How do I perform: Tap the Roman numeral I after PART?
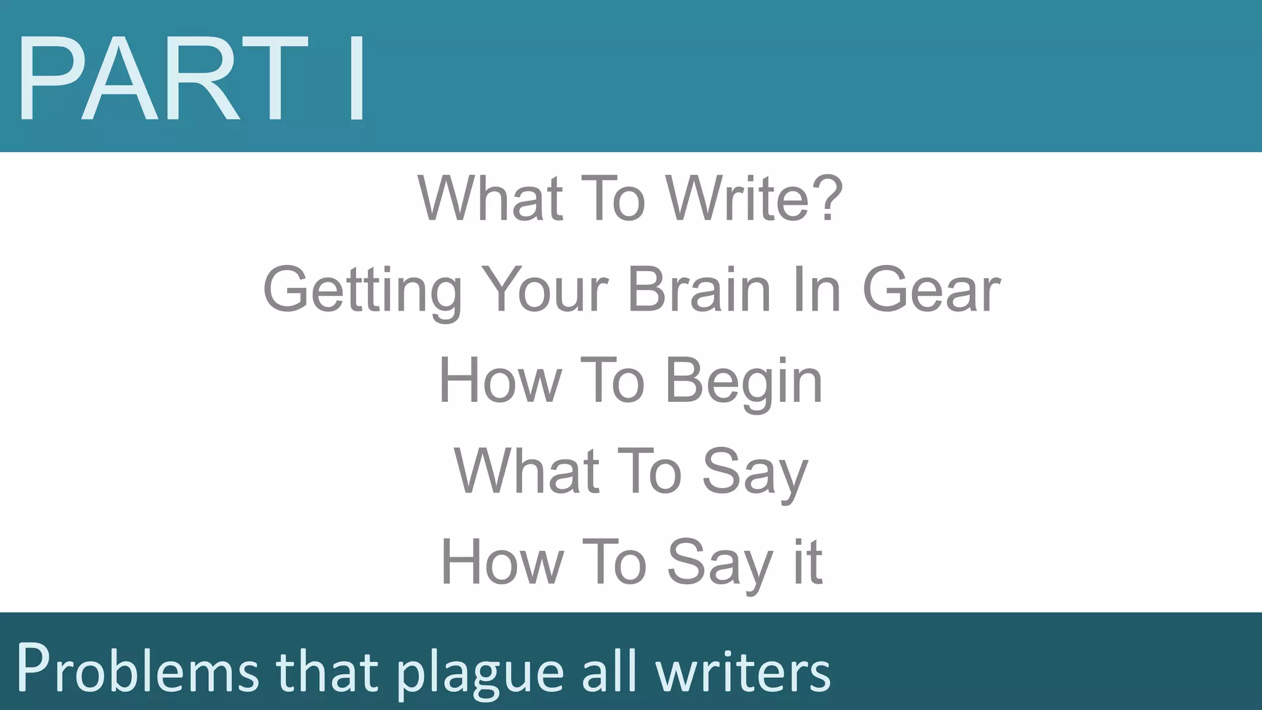tap(356, 78)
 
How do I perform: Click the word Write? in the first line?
tap(754, 198)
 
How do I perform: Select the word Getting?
tap(362, 290)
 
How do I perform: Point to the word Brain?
tap(699, 290)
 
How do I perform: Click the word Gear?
tap(931, 290)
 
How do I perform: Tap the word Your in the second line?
tap(545, 290)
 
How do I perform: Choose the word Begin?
tap(744, 382)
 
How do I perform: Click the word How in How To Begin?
tap(500, 382)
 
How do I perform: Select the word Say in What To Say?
tap(755, 472)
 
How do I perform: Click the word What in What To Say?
tap(526, 472)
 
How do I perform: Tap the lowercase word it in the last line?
tap(808, 562)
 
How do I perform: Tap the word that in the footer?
tap(327, 669)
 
